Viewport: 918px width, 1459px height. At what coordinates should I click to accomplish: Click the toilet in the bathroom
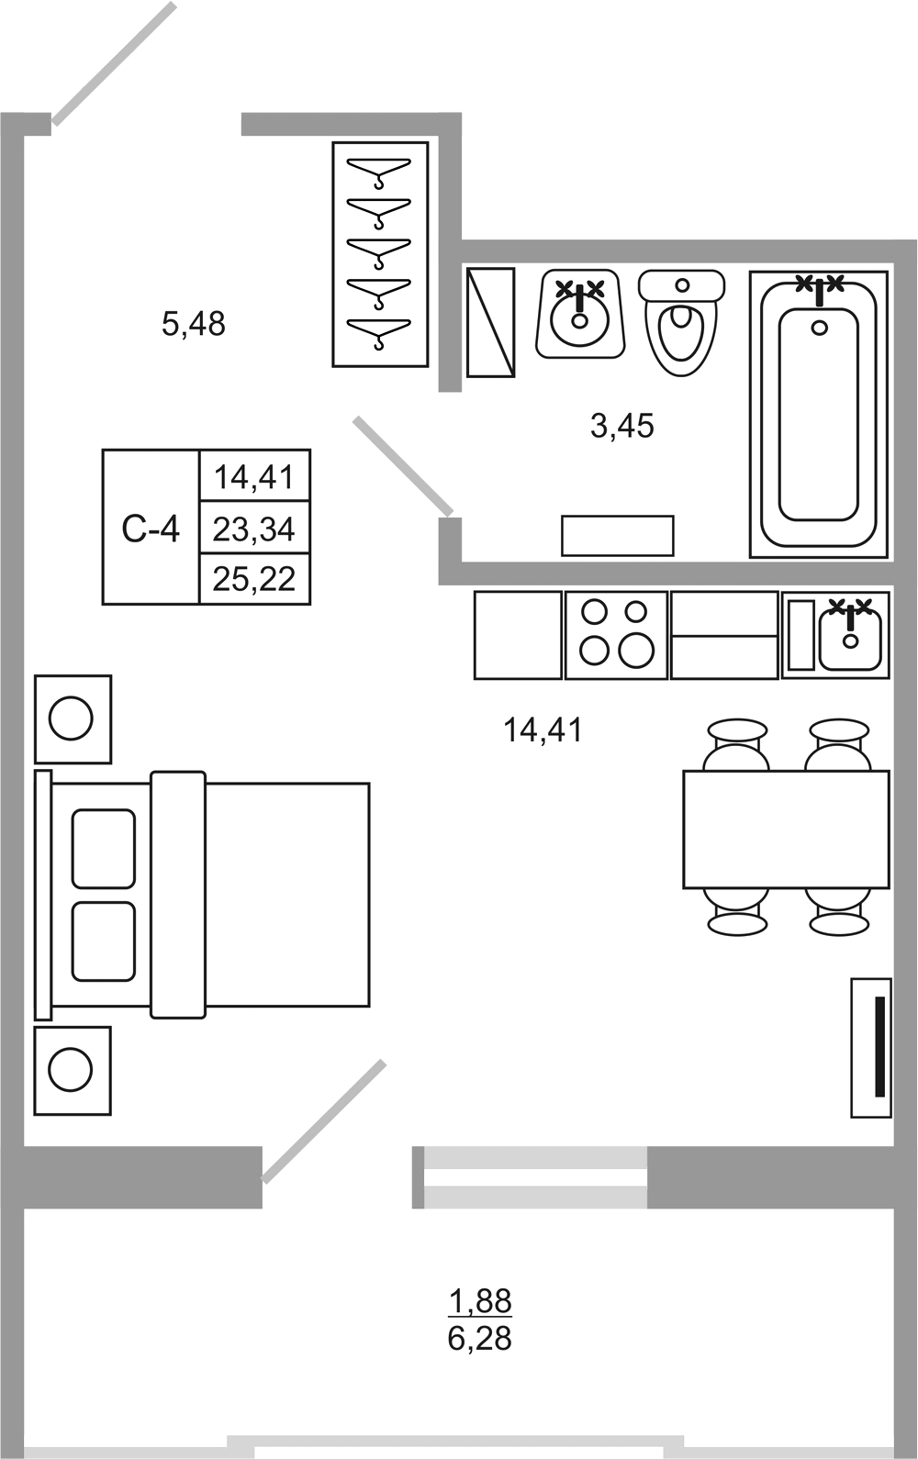tap(681, 322)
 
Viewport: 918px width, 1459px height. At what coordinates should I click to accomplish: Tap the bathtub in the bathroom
tap(818, 414)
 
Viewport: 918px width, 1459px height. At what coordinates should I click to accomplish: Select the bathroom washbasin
tap(580, 313)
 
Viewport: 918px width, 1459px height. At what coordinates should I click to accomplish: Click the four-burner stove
tap(616, 635)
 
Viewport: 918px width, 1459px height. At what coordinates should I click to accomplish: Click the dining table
tap(787, 830)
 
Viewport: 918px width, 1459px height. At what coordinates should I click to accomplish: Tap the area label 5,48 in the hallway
tap(194, 324)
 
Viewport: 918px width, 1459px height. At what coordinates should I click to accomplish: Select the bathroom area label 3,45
tap(622, 426)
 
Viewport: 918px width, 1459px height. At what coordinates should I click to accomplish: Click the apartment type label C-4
tap(151, 529)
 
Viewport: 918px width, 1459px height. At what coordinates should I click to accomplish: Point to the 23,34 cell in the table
tap(254, 529)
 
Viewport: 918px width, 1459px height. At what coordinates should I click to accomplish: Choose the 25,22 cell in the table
tap(254, 578)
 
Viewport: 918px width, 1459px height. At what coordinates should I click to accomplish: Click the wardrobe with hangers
tap(380, 254)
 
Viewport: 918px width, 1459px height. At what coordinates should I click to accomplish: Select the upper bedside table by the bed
tap(73, 719)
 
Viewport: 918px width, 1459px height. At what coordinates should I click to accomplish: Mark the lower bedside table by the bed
tap(73, 1071)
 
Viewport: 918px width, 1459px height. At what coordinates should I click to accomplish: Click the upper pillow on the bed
tap(104, 849)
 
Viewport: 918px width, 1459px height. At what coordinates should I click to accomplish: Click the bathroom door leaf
tap(403, 466)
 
